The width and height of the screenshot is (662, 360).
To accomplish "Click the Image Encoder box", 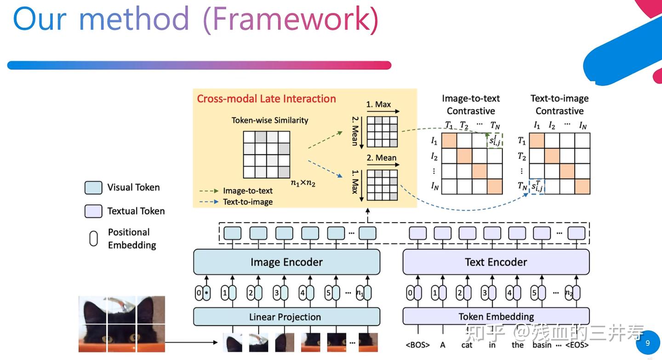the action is click(x=287, y=262).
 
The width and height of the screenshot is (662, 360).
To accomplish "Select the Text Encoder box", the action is click(x=496, y=262).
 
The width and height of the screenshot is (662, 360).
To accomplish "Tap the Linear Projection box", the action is click(x=287, y=317).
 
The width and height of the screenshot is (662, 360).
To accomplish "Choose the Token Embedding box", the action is click(x=496, y=316).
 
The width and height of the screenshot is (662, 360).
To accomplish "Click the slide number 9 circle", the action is click(x=647, y=343).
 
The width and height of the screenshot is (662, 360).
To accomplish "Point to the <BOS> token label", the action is click(x=417, y=345).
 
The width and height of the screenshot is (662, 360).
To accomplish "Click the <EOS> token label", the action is click(x=577, y=345).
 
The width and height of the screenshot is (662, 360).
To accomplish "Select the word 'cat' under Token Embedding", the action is click(x=467, y=345).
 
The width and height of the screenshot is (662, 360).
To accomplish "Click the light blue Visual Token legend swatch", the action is click(x=93, y=188).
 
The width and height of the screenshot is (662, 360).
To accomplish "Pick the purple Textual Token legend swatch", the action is click(x=93, y=211).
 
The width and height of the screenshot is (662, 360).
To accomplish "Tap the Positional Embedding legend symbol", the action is click(x=93, y=239).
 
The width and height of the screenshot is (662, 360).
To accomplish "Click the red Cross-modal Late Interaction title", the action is click(x=266, y=99).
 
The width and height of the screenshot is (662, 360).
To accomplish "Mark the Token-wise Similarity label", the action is click(x=269, y=120).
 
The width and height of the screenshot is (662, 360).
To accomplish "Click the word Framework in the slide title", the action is click(x=291, y=18).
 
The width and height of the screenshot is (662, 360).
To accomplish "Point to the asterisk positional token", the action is click(x=206, y=293).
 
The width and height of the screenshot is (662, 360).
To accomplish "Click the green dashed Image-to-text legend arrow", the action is click(x=209, y=191).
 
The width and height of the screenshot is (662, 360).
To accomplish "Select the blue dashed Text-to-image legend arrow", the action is click(x=209, y=202).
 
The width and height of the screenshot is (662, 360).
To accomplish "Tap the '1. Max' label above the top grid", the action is click(x=378, y=104).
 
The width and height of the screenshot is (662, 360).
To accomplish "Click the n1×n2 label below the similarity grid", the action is click(x=303, y=183).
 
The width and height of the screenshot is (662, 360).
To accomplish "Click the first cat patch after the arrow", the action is click(x=233, y=343).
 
